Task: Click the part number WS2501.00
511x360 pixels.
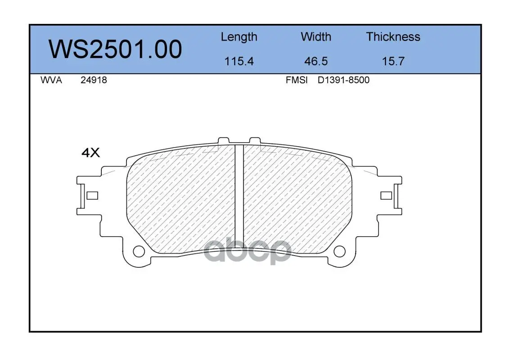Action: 115,49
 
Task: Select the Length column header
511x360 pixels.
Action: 239,37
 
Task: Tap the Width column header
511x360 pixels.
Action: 316,36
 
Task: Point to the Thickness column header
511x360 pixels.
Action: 393,36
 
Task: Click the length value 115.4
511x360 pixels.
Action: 239,61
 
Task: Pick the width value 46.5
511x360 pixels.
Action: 316,61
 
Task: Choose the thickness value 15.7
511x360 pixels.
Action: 393,61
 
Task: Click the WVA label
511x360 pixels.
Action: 51,80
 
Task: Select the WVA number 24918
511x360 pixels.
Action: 94,80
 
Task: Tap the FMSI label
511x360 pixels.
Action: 297,80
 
